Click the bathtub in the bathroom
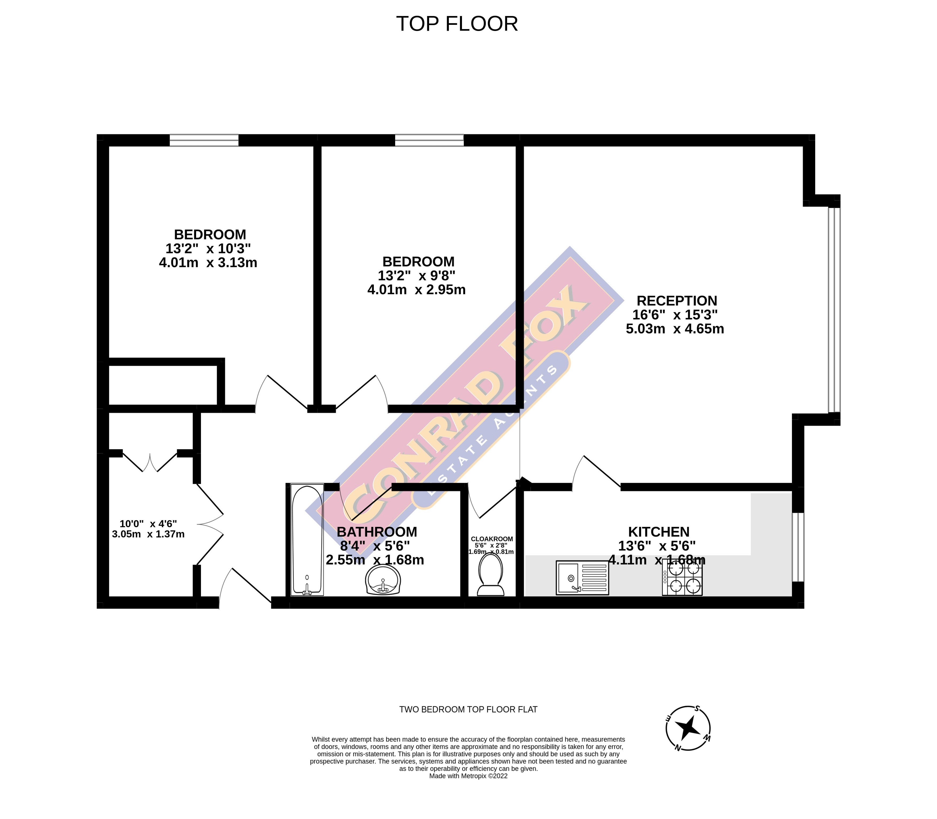tap(307, 540)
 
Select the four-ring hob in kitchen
tap(682, 578)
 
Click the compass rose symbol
tap(687, 728)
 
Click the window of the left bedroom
tap(204, 140)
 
